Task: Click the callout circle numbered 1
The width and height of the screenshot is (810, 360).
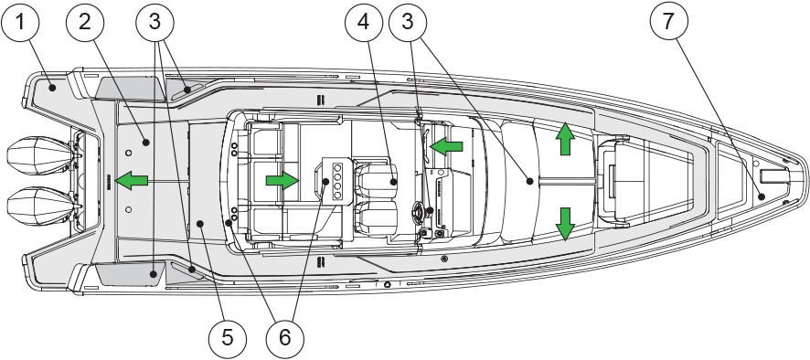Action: [x=20, y=22]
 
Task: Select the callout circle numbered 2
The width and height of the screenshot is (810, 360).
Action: [x=85, y=22]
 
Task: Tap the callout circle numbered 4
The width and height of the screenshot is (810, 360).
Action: [x=364, y=22]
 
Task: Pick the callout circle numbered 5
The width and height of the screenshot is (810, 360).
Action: [x=228, y=338]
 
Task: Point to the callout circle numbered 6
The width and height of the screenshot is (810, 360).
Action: [x=285, y=338]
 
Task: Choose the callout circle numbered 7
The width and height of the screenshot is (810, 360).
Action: [x=668, y=22]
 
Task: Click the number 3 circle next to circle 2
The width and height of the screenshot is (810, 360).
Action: [x=155, y=22]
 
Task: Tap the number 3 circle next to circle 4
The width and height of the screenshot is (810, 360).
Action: [x=408, y=22]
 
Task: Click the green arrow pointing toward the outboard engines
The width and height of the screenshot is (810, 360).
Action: [x=132, y=181]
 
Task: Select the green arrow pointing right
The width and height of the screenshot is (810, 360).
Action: [x=282, y=180]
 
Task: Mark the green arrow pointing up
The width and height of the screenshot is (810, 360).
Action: [x=565, y=139]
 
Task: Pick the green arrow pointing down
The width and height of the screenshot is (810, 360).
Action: [x=565, y=224]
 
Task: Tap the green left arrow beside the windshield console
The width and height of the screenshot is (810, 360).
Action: [x=446, y=147]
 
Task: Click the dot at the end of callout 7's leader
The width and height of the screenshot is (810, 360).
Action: [x=761, y=196]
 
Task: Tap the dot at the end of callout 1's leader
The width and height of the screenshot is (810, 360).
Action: [x=52, y=89]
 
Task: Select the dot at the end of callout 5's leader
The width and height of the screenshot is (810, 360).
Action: [x=201, y=223]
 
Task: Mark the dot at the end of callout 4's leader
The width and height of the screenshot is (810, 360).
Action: [x=393, y=181]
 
